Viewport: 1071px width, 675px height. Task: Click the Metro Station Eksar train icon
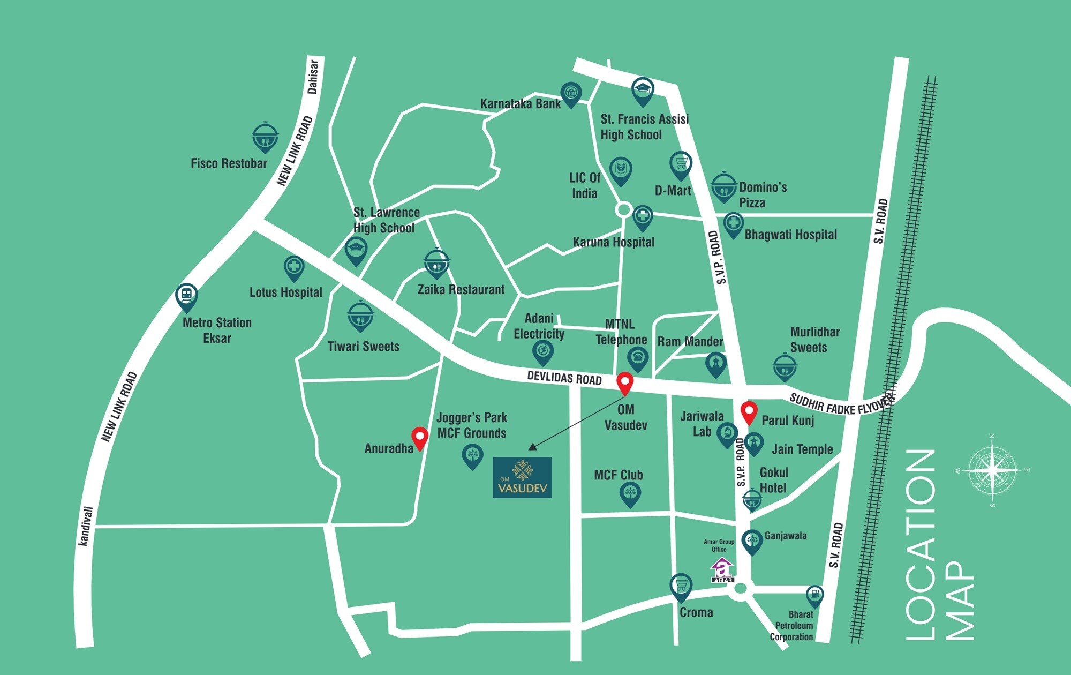186,295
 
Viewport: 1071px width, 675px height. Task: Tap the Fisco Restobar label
229,163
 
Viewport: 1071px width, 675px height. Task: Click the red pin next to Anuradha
419,437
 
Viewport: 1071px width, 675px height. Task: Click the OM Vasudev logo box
522,477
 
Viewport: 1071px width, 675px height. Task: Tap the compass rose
992,471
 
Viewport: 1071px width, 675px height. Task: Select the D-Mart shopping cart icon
681,163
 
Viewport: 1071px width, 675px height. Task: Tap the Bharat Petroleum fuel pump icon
814,595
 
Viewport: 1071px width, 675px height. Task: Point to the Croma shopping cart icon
681,586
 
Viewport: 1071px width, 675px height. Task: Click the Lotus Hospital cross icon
293,267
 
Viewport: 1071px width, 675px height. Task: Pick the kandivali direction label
86,526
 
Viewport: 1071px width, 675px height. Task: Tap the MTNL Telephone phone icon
638,357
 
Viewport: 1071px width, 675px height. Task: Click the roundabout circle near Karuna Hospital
623,209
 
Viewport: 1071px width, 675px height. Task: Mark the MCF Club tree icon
630,493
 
